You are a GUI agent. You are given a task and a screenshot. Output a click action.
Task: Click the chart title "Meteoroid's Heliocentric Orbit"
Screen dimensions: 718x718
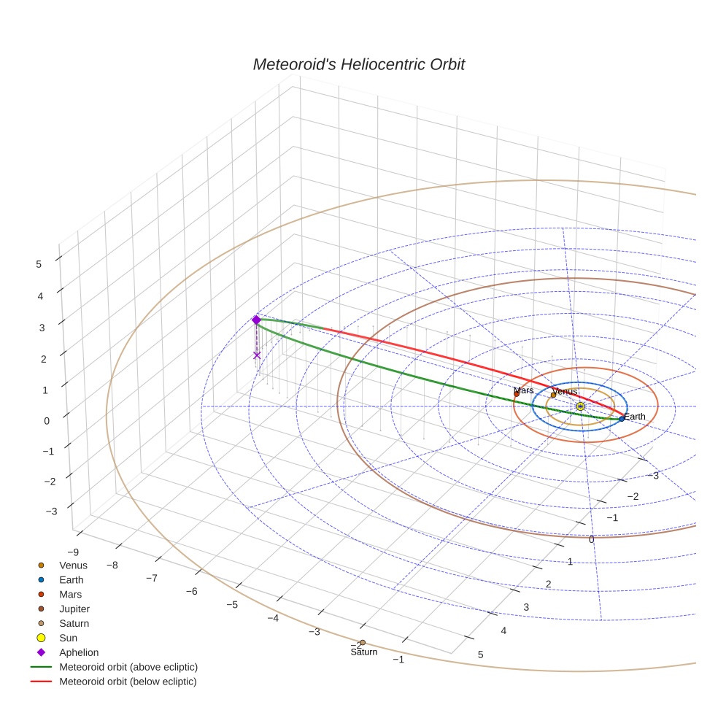pos(358,65)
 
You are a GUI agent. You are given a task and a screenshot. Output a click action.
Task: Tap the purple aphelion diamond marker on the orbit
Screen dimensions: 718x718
pos(256,320)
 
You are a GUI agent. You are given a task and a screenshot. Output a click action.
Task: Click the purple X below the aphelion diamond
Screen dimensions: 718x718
pos(257,355)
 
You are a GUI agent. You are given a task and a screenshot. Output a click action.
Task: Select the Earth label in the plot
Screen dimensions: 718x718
pos(635,417)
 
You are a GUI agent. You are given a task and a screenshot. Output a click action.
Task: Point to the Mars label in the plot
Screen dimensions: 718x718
pos(523,391)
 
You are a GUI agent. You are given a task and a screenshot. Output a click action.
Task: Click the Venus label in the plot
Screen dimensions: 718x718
pos(564,392)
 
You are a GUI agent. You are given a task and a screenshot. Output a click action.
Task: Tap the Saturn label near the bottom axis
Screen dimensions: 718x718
pos(363,652)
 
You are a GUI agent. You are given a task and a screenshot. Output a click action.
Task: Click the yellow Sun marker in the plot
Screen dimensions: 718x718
pos(580,406)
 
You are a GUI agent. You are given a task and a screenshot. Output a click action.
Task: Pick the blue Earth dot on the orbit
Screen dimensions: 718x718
pos(622,419)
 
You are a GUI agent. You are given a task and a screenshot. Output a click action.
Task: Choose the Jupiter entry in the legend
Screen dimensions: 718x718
pos(74,609)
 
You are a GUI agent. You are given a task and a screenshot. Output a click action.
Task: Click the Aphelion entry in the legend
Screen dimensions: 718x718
pos(79,652)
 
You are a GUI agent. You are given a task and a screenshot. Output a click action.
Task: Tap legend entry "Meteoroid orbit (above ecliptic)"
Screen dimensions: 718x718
pos(128,667)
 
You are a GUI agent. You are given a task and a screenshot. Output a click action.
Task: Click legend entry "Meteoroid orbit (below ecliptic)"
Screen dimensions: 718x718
pos(128,682)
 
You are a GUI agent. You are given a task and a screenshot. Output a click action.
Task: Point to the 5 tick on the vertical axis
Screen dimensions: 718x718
pos(39,265)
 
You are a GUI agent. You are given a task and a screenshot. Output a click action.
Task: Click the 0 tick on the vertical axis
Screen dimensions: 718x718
pos(47,420)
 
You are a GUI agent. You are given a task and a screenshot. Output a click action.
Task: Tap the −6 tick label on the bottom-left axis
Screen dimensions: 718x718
pos(191,591)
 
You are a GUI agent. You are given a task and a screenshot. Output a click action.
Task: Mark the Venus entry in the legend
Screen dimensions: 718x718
pos(73,565)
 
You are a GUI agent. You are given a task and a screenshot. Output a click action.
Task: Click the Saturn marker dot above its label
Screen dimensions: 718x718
pos(363,643)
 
